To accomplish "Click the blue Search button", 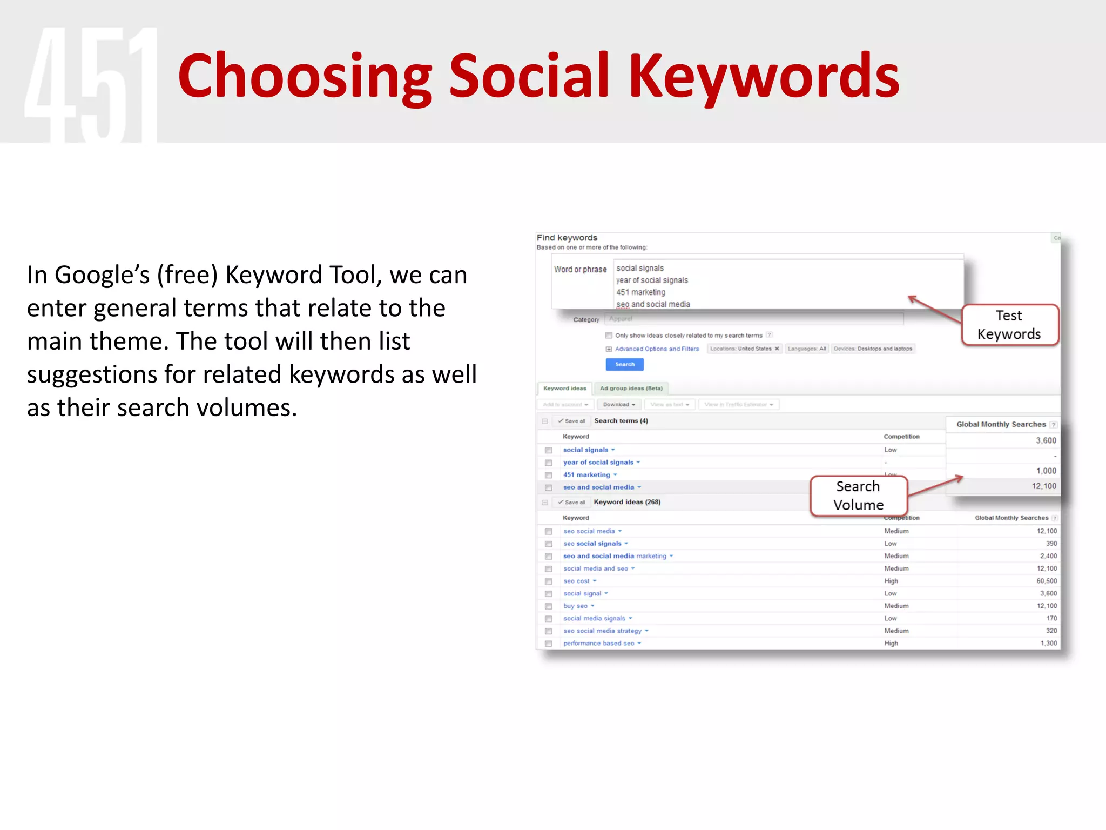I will click(x=624, y=364).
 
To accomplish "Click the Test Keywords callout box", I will click(x=1009, y=325).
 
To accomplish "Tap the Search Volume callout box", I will click(x=858, y=496).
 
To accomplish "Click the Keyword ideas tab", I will click(x=564, y=389).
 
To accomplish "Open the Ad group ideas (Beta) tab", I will click(x=631, y=389).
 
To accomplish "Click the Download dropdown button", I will click(x=618, y=405).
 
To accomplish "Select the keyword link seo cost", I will click(x=576, y=581).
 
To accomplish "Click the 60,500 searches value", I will click(x=1046, y=581).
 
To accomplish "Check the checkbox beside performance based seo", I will click(x=548, y=644).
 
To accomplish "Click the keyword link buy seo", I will click(x=575, y=606).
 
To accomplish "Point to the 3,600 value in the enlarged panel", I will click(x=1046, y=440).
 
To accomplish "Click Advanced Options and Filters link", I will click(x=657, y=349).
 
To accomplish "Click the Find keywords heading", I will click(x=567, y=238).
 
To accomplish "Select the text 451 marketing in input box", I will click(x=640, y=292).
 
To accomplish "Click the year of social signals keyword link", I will click(x=598, y=463).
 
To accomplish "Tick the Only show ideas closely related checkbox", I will click(x=609, y=336).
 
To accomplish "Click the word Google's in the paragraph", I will click(x=102, y=275).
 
